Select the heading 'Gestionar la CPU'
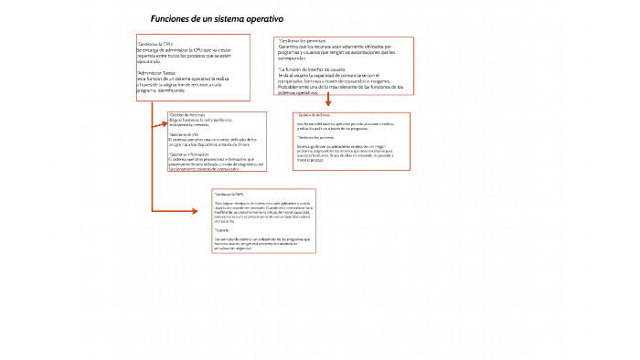pyautogui.click(x=155, y=44)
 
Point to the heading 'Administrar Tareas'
pyautogui.click(x=157, y=71)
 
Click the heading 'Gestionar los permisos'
pyautogui.click(x=301, y=41)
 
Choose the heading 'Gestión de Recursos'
pyautogui.click(x=187, y=114)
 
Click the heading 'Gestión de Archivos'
pyautogui.click(x=314, y=114)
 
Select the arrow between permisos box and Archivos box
pyautogui.click(x=327, y=101)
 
